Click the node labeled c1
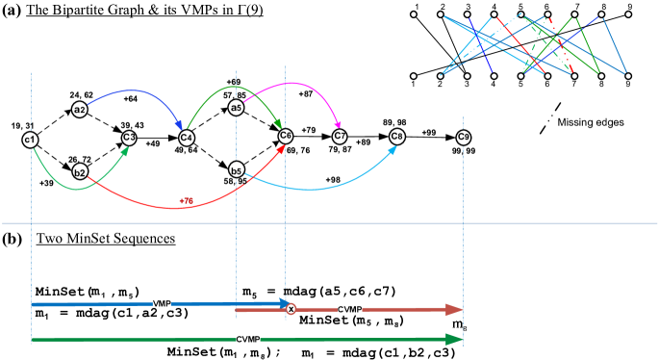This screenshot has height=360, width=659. [30, 141]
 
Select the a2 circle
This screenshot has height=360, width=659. [80, 110]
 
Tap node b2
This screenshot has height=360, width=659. [80, 172]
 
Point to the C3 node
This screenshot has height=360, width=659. [129, 138]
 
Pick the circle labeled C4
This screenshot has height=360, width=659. [187, 138]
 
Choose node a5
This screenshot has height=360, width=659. [236, 108]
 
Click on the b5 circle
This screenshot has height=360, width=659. [236, 170]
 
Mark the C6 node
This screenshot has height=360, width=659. [286, 136]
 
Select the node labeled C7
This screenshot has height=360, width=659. [340, 137]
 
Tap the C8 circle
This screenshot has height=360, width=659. [397, 137]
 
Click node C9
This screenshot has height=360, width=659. [464, 138]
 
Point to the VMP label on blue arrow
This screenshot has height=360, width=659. [162, 303]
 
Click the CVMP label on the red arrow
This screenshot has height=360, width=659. [350, 309]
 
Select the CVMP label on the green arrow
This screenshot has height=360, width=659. [248, 339]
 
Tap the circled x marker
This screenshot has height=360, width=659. [291, 308]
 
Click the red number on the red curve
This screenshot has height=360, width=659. [186, 200]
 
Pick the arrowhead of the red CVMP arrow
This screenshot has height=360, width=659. [455, 309]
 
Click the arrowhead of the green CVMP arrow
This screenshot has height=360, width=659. [455, 339]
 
